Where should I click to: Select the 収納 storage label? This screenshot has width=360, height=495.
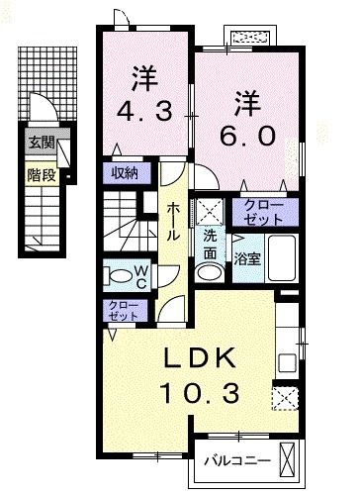(124, 173)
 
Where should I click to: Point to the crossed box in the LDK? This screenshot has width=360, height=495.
(284, 397)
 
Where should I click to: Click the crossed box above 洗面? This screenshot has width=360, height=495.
(209, 210)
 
